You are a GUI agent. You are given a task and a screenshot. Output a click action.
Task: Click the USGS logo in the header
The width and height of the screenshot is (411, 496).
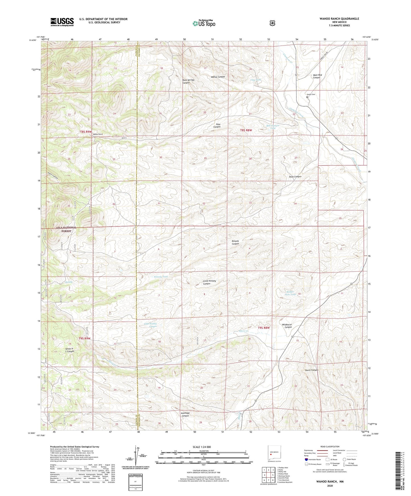coord(62,22)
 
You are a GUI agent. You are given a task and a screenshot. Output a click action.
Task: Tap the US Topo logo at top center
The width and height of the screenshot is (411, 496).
coord(203,23)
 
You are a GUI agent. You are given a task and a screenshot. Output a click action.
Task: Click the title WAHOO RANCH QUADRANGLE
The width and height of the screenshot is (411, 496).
coord(335,19)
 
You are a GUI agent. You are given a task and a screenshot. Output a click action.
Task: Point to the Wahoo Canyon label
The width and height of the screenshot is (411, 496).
coord(218,77)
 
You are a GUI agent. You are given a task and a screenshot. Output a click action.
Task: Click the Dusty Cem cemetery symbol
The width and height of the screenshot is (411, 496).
coord(307,97)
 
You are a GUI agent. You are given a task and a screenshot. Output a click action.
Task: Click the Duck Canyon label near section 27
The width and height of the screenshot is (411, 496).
coord(295,177)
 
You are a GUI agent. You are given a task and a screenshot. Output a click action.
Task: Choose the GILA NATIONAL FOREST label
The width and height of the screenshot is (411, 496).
coord(66,229)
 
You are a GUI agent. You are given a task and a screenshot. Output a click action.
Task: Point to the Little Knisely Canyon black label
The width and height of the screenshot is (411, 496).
coord(209,282)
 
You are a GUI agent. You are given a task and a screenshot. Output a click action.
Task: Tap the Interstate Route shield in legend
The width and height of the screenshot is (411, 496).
coord(306,459)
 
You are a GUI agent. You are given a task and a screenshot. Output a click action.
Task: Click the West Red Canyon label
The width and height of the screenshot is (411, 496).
coord(317,76)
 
